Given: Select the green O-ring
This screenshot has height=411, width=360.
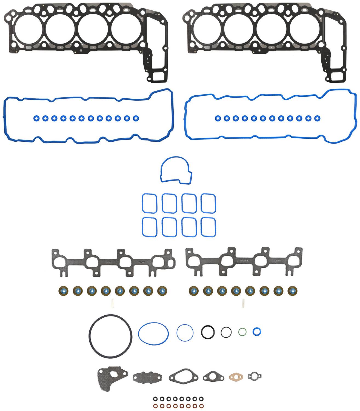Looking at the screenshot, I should [242, 332].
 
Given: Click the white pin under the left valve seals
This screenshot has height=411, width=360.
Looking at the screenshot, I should [112, 303].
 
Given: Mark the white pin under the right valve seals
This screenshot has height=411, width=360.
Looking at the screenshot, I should [243, 303].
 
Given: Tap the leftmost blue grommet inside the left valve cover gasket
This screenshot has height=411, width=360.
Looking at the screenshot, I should [36, 118].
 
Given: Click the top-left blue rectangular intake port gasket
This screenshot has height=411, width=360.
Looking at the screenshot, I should [149, 203].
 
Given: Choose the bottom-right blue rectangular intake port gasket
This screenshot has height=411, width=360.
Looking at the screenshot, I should [208, 227].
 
